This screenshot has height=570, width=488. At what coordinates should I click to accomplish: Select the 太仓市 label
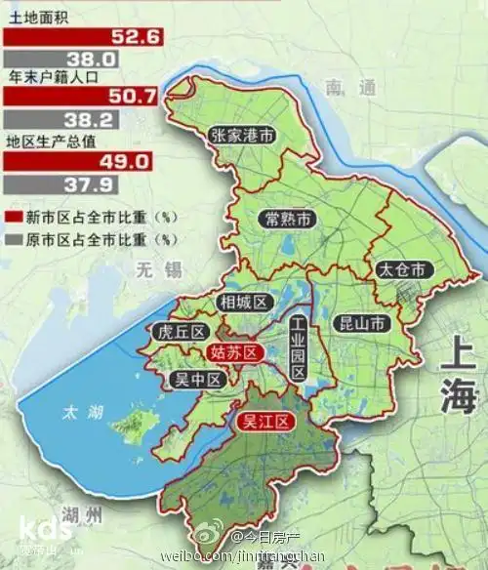401,269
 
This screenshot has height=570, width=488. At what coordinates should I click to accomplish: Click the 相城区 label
244,303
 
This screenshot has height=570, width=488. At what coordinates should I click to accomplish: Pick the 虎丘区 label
177,332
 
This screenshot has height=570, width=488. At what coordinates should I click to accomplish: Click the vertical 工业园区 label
298,348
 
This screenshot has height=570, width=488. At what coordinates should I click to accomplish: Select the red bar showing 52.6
83,36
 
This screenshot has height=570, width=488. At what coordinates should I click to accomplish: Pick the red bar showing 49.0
81,161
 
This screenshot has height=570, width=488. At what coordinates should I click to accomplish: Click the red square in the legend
13,216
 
